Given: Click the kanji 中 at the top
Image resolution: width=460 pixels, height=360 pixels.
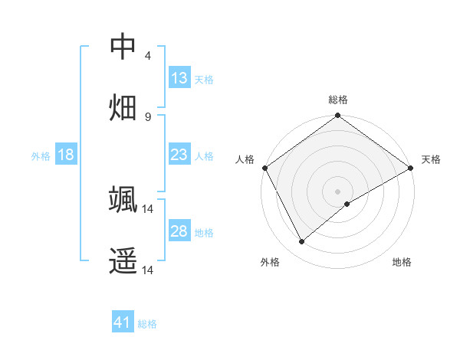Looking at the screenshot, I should pyautogui.click(x=123, y=47).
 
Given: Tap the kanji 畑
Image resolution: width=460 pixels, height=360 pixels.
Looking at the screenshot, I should pyautogui.click(x=123, y=108).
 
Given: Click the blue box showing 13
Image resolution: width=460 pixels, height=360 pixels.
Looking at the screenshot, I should pyautogui.click(x=179, y=78).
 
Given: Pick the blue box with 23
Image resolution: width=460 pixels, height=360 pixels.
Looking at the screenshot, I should pyautogui.click(x=179, y=155).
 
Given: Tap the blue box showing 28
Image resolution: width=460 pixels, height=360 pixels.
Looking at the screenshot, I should pyautogui.click(x=179, y=231).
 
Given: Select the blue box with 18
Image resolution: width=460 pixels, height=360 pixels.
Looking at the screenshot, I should pyautogui.click(x=66, y=155).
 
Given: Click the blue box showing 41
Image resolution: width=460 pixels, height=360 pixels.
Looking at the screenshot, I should pyautogui.click(x=123, y=322).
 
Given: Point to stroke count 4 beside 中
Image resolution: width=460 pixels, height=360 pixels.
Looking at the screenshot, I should pyautogui.click(x=148, y=56).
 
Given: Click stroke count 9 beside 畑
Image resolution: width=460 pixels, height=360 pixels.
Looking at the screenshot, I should pyautogui.click(x=148, y=116).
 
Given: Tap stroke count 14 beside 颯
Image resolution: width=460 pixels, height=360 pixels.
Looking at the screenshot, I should pyautogui.click(x=148, y=208).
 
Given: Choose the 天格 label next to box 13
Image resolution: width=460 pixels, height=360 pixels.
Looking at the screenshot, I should pyautogui.click(x=204, y=79).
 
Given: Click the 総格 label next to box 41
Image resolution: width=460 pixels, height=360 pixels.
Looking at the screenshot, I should pyautogui.click(x=147, y=324).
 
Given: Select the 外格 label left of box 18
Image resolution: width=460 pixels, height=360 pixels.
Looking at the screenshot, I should pyautogui.click(x=41, y=155).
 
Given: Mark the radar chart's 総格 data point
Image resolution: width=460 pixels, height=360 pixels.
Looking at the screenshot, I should pyautogui.click(x=337, y=116).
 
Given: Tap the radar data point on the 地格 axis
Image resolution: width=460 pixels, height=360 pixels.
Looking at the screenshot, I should pyautogui.click(x=347, y=204).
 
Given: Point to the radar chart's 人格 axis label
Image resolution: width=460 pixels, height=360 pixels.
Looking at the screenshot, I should pyautogui.click(x=245, y=159).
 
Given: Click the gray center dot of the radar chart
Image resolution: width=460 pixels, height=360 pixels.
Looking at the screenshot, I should pyautogui.click(x=337, y=191).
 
